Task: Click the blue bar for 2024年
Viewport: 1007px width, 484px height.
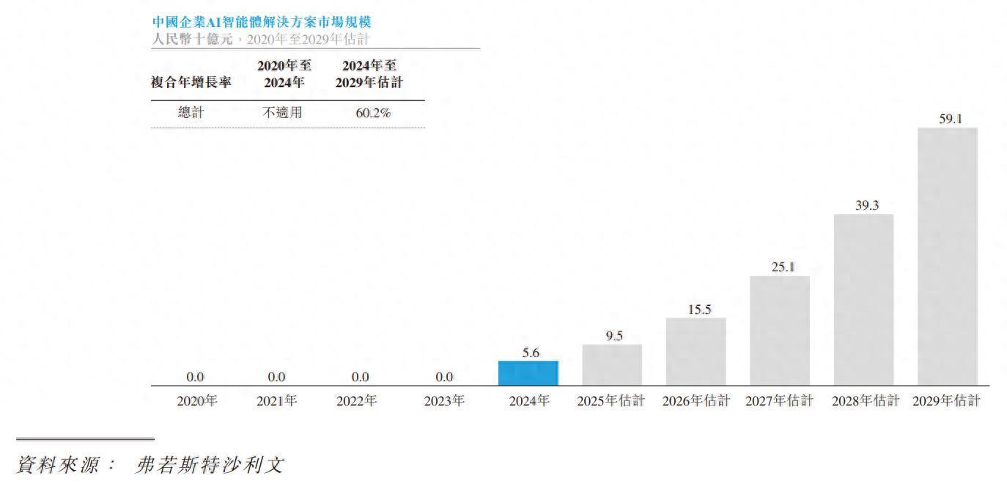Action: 528,373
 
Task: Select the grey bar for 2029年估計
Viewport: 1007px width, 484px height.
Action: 947,257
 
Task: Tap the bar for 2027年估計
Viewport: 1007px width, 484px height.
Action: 779,331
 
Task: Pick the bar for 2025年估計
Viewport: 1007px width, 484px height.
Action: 612,365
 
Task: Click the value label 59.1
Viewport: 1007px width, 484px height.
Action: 950,118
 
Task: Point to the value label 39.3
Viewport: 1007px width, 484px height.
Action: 866,205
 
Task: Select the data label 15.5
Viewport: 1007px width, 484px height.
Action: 699,309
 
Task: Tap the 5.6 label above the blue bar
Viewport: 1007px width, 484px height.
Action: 531,353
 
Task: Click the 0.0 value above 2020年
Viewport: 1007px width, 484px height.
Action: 195,377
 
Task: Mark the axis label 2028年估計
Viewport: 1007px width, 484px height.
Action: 865,401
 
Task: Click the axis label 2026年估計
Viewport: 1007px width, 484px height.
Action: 696,401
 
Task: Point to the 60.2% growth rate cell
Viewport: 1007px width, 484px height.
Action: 372,113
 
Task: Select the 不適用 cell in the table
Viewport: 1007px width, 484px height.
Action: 282,113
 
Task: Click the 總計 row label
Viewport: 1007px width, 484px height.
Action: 191,113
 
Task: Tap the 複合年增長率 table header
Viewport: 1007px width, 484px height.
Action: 191,82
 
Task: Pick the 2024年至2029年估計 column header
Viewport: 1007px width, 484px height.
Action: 369,74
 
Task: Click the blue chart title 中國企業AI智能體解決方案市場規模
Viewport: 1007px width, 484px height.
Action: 261,23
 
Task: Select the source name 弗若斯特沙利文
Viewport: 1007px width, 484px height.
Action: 210,465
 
